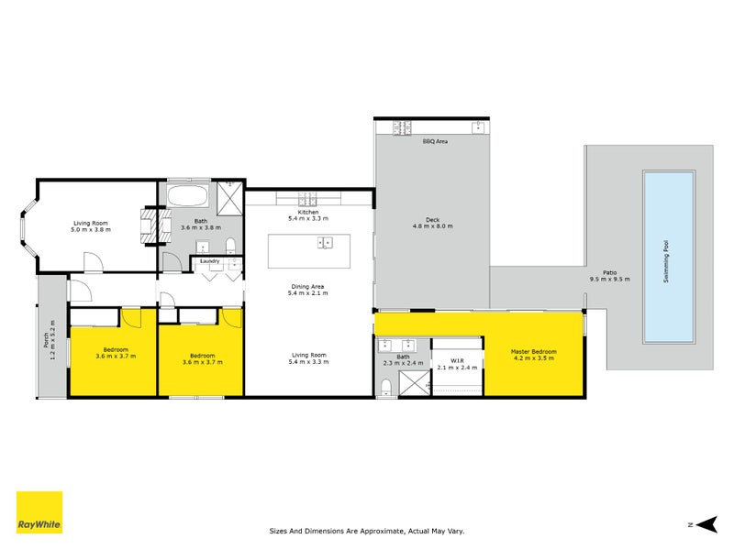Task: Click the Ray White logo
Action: coord(39,512)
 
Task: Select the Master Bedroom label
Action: coord(533,351)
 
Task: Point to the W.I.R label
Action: coord(455,360)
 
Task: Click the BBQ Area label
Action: coord(435,142)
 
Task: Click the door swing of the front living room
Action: coord(93,263)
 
